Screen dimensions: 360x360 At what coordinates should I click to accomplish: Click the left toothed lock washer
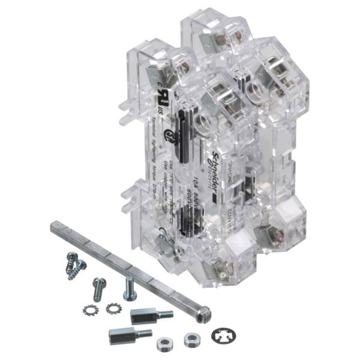pyautogui.click(x=92, y=310)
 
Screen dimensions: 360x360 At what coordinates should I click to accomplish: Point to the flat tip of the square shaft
pyautogui.click(x=53, y=226)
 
